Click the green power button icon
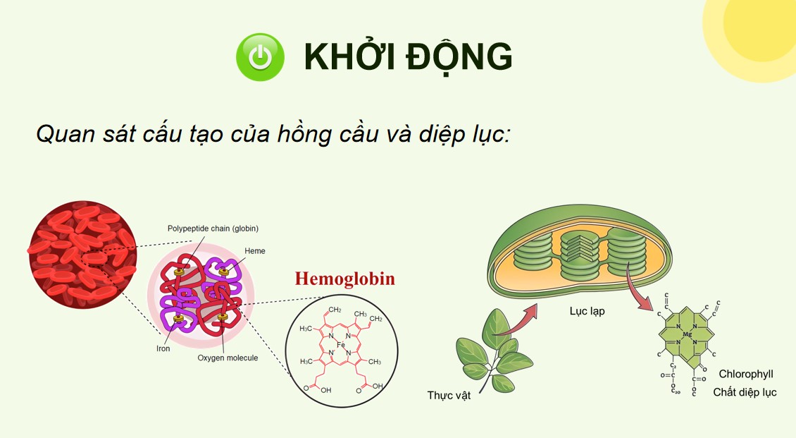[260, 57]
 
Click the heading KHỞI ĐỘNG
[408, 57]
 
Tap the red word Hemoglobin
[344, 279]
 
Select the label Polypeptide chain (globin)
[213, 229]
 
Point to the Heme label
[255, 251]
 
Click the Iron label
[163, 348]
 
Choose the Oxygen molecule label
[228, 358]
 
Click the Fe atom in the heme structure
[341, 345]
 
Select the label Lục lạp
[587, 311]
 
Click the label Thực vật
[449, 395]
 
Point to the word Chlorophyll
[746, 374]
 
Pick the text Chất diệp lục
[745, 392]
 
